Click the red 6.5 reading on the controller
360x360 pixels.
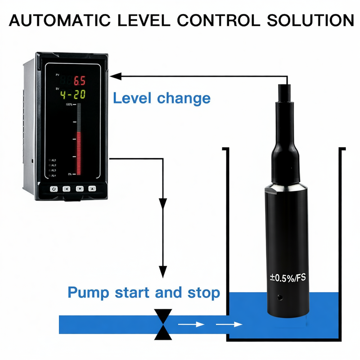coord(79,80)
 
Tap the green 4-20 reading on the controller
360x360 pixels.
coord(73,94)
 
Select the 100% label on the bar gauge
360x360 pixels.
coord(69,104)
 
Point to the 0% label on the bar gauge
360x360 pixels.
coord(69,174)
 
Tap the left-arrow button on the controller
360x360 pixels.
coord(66,189)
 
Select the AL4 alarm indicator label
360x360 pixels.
coord(53,175)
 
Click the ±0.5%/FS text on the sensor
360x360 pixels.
coord(288,278)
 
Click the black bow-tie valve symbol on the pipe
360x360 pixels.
coord(163,324)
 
